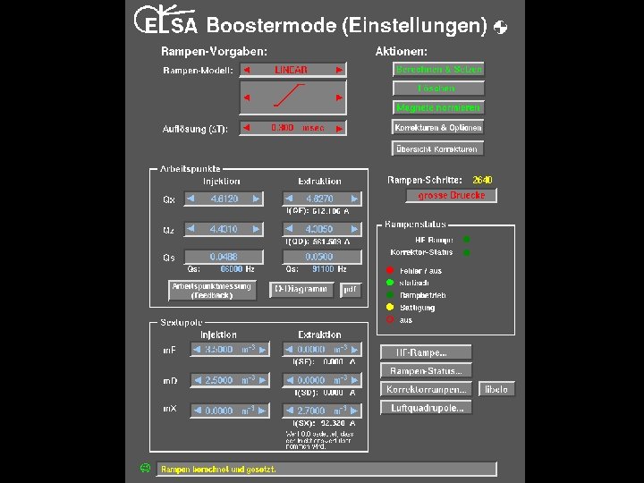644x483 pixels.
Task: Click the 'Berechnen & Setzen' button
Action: coord(438,69)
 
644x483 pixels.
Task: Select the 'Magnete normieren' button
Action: coord(438,107)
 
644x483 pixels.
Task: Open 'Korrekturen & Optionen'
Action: coord(438,128)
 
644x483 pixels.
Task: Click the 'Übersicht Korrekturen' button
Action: coord(438,148)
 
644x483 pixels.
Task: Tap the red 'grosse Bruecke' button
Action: coord(451,195)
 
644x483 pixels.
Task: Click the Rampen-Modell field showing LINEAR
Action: coord(292,70)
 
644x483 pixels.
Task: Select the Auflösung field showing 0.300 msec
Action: coord(292,128)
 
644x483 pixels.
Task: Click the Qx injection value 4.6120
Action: coord(224,199)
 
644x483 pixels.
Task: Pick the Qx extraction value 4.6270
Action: coord(320,199)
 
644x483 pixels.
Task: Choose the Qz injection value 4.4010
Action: coord(224,229)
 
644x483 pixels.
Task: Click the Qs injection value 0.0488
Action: coord(224,257)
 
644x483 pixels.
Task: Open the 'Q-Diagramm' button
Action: coord(301,290)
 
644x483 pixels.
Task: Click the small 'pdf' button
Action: coord(350,290)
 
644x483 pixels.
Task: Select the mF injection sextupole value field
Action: coord(224,350)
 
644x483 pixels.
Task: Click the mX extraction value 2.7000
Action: coord(320,411)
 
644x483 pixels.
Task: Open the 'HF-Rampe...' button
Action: coord(426,352)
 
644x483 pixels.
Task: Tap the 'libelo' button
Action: coord(496,389)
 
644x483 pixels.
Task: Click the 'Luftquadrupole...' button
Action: coord(426,408)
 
